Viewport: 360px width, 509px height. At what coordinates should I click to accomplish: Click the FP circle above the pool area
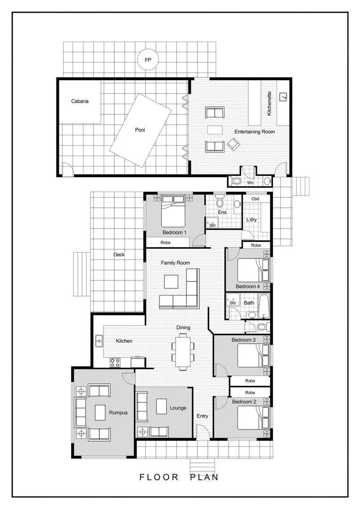[147, 60]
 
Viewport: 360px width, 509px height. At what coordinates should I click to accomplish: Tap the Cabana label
[80, 101]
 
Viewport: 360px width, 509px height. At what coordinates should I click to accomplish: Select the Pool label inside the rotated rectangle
[140, 130]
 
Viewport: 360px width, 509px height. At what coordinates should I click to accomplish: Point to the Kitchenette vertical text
[269, 104]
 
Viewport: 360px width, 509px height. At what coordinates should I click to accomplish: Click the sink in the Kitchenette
[284, 97]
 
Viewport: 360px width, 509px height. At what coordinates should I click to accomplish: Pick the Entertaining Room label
[255, 132]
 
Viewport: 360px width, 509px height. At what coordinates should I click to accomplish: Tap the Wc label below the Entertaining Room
[250, 182]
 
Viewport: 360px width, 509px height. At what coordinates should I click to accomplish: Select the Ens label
[222, 213]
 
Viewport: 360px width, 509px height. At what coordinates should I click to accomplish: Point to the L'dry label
[251, 220]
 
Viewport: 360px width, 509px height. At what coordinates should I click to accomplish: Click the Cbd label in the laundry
[255, 199]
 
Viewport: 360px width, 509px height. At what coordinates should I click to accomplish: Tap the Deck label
[119, 255]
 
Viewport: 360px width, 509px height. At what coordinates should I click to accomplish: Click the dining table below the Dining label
[183, 350]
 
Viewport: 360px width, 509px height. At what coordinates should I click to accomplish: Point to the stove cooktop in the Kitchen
[115, 362]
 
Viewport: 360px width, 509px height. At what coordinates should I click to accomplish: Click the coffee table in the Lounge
[162, 406]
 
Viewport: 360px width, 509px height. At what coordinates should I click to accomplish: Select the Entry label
[202, 416]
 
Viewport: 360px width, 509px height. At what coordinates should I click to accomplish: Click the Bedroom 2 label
[244, 402]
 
